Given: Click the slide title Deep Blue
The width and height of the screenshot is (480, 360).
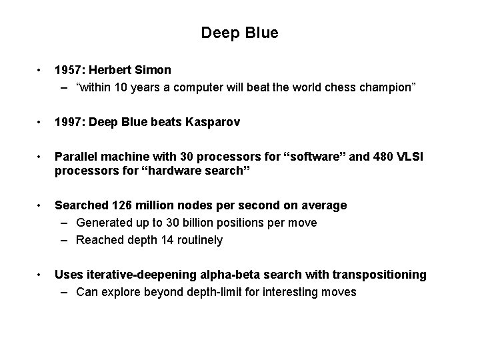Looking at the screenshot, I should click(x=239, y=32).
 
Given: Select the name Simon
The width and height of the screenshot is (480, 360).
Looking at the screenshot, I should click(x=153, y=69).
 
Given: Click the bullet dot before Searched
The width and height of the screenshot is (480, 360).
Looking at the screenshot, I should click(x=41, y=205).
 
